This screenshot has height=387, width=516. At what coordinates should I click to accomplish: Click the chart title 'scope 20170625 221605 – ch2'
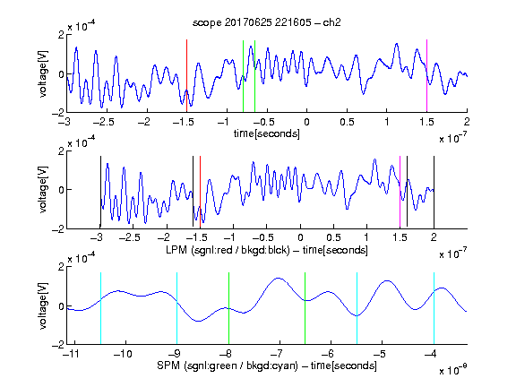[x=266, y=22]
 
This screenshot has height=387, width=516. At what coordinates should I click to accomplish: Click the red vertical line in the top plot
[x=186, y=76]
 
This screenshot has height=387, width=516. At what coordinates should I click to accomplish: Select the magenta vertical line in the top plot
[x=426, y=76]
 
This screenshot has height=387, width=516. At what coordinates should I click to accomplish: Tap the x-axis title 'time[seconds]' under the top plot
[x=267, y=133]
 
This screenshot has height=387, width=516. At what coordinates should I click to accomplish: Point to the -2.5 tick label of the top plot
[x=103, y=122]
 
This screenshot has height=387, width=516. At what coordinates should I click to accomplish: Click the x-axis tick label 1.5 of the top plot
[x=426, y=122]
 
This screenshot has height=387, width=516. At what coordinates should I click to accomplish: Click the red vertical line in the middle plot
[x=200, y=192]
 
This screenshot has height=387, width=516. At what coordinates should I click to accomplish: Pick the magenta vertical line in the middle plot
[x=400, y=192]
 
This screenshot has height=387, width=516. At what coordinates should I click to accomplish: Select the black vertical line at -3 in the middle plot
[x=100, y=192]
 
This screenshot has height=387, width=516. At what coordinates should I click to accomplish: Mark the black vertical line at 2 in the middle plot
[x=434, y=192]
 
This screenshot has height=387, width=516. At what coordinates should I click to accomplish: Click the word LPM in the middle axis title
[x=176, y=250]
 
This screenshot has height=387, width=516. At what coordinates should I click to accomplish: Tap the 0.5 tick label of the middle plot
[x=333, y=237]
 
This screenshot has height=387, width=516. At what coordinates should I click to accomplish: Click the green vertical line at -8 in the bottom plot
[x=228, y=308]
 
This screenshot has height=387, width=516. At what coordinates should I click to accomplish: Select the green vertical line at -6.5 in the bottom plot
[x=305, y=308]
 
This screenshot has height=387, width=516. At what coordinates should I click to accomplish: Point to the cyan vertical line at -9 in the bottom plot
[x=177, y=308]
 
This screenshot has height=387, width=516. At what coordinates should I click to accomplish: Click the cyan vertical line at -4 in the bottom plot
[x=434, y=308]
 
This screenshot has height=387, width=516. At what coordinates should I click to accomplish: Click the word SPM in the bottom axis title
[x=168, y=365]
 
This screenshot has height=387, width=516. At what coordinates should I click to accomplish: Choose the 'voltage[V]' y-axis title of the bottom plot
[x=43, y=305]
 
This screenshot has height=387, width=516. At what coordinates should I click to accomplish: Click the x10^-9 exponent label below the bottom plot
[x=453, y=369]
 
